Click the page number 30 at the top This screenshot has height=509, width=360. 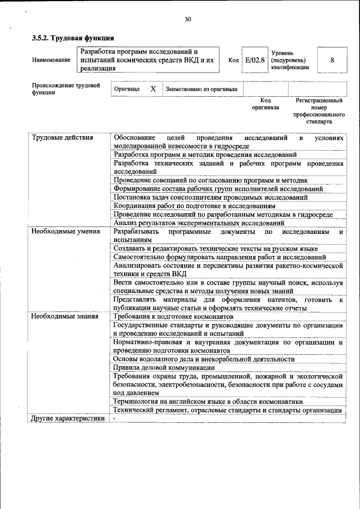click(x=188, y=20)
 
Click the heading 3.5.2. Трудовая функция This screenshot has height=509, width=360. click(x=73, y=38)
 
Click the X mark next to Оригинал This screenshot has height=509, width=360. click(x=153, y=89)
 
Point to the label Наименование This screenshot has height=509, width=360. click(x=51, y=60)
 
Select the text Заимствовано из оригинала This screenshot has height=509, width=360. click(x=201, y=89)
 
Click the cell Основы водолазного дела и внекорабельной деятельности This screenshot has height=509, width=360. click(x=204, y=359)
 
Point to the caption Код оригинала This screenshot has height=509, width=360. click(x=265, y=103)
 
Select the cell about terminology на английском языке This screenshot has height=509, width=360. click(x=208, y=402)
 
